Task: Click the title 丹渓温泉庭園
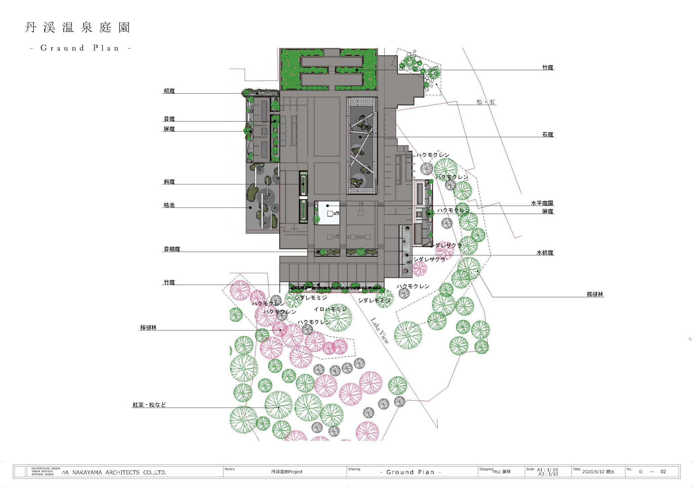pos(77,27)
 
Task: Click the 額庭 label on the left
pos(169,91)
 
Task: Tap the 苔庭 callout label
pos(169,119)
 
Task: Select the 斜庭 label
pos(169,182)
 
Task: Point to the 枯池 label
pos(169,205)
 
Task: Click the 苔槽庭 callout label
pos(172,249)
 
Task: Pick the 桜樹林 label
pos(149,328)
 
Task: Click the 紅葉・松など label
pos(149,405)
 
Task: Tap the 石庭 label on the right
pos(548,134)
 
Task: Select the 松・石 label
pos(486,102)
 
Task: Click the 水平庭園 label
pos(542,203)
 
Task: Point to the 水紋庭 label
pos(545,252)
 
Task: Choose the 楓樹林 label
pos(595,294)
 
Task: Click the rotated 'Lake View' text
pos(380,330)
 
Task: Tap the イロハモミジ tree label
pos(330,309)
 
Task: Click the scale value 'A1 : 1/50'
pos(547,470)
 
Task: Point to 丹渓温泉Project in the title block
pos(287,472)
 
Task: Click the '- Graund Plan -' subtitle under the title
pos(81,48)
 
